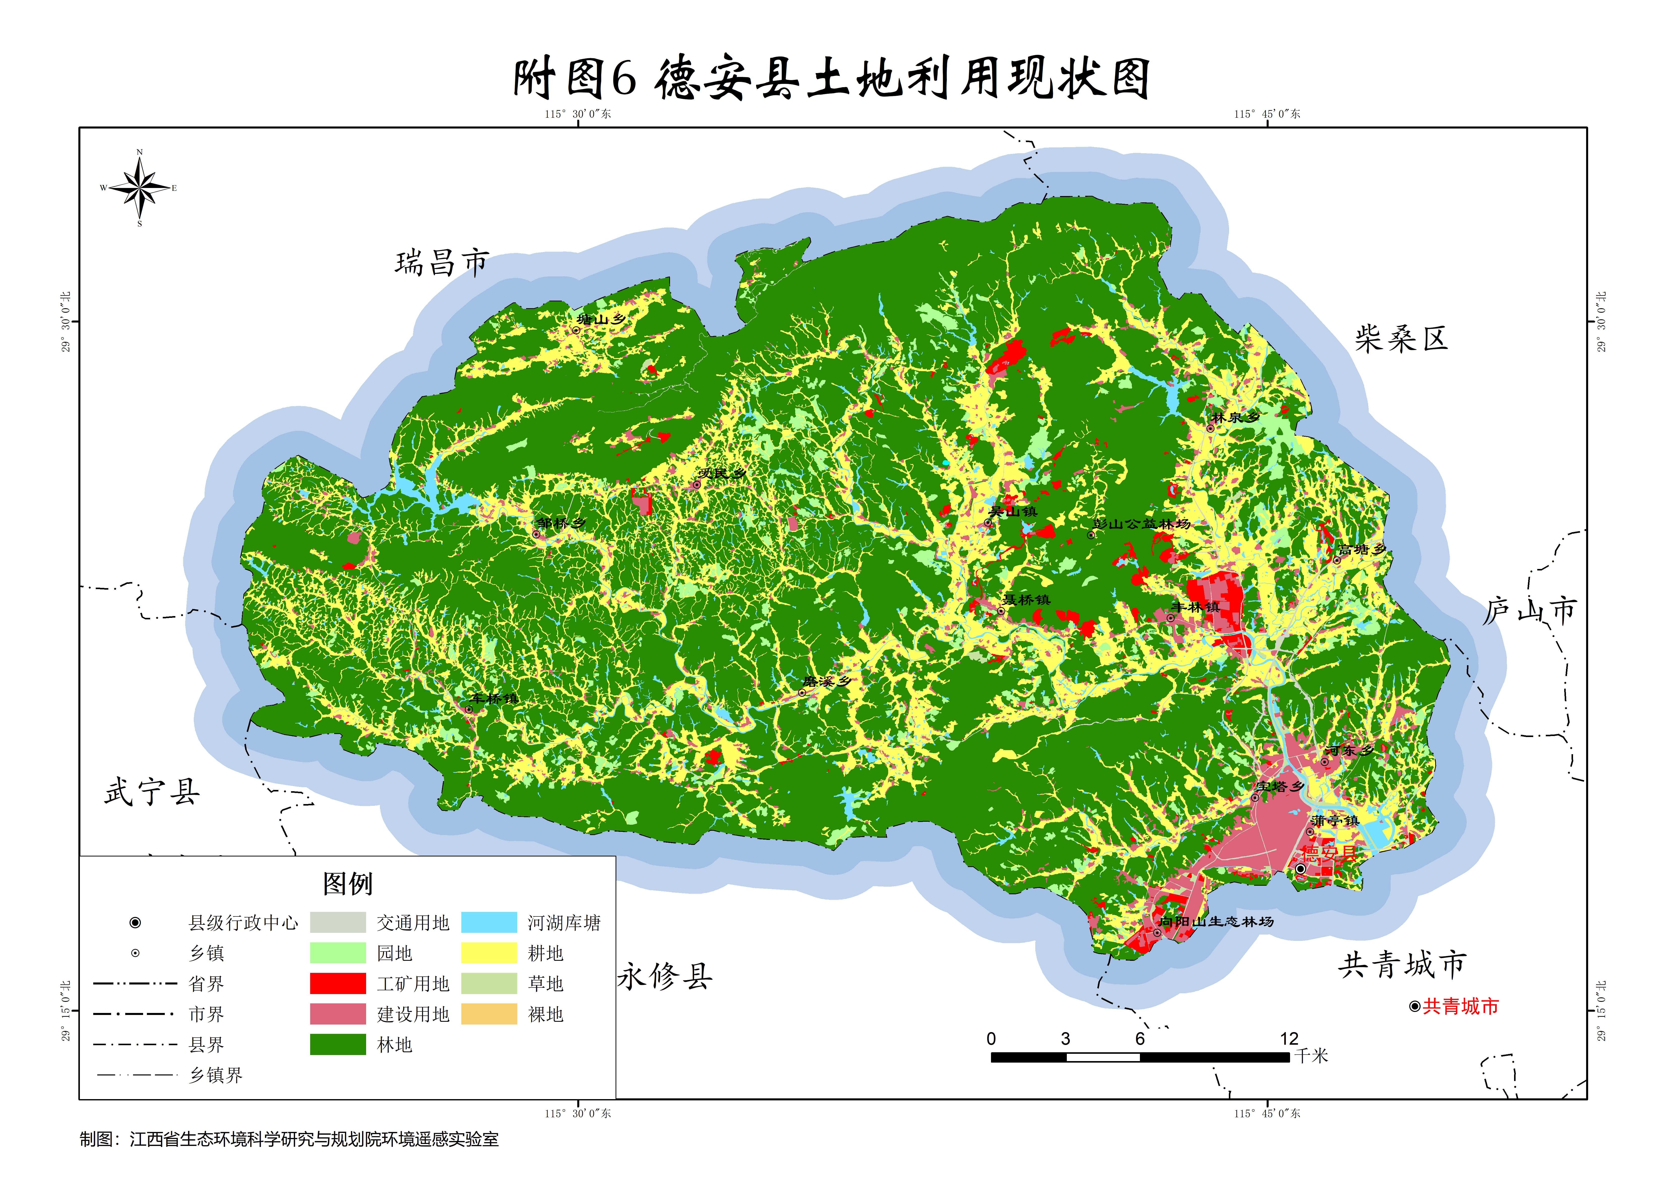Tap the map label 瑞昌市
pyautogui.click(x=441, y=263)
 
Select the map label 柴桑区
pyautogui.click(x=1400, y=338)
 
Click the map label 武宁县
pyautogui.click(x=152, y=791)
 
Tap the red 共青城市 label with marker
pyautogui.click(x=1459, y=1006)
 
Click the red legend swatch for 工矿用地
pyautogui.click(x=338, y=984)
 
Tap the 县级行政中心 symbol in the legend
pyautogui.click(x=135, y=923)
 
